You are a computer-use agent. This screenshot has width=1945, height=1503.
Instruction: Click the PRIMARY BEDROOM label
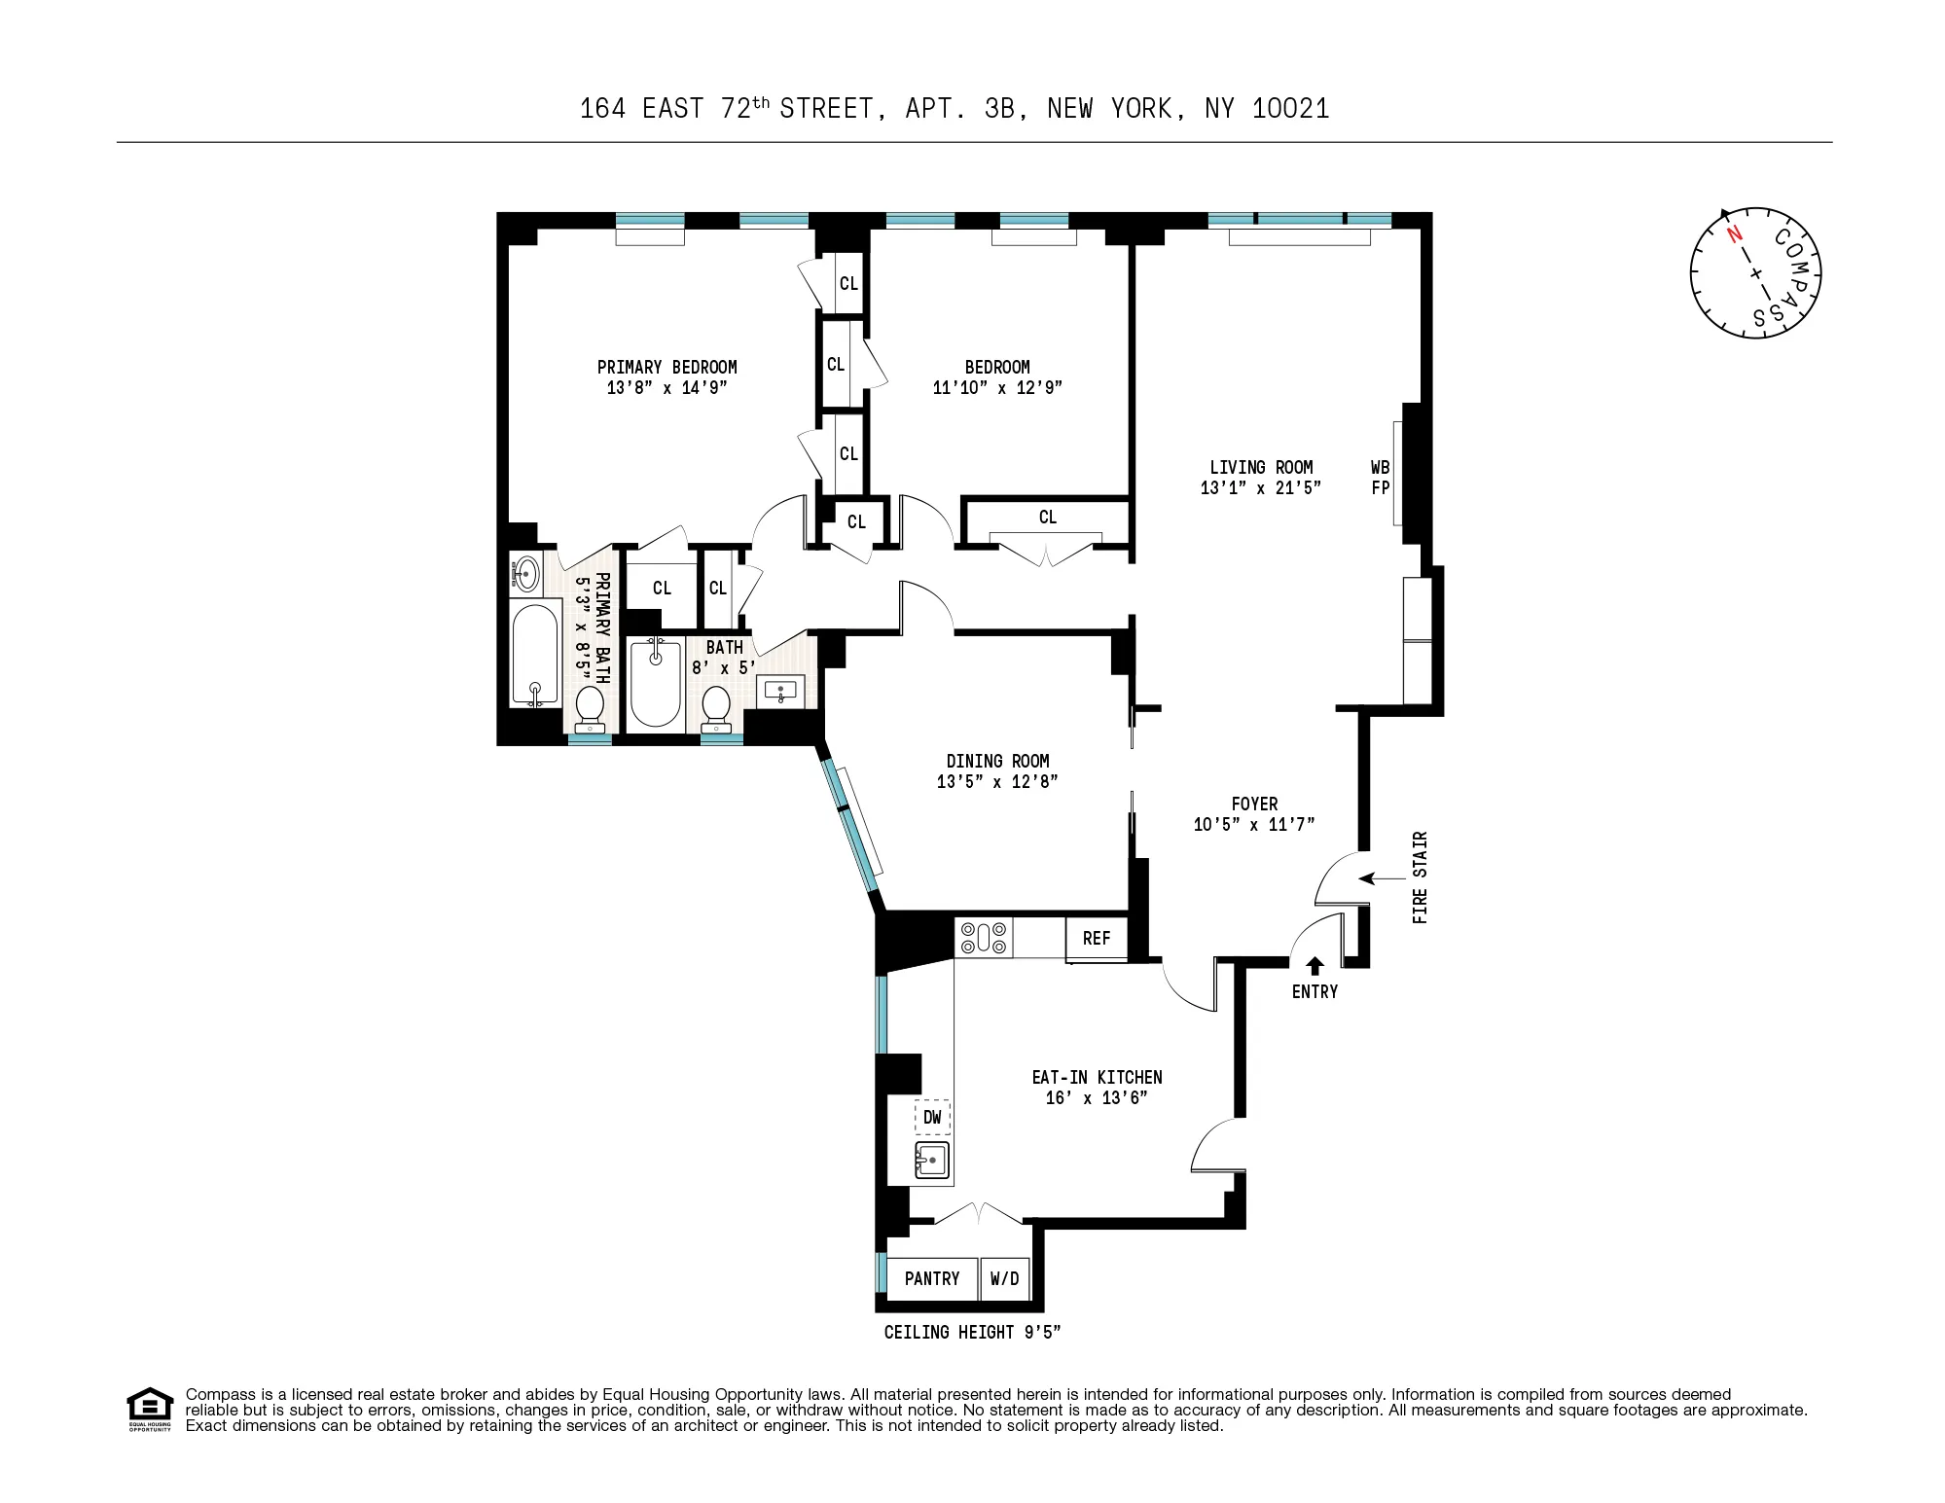tap(666, 367)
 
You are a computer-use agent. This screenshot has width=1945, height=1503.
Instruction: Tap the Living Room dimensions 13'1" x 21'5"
tap(1261, 488)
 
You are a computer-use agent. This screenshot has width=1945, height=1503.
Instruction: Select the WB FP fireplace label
tap(1380, 478)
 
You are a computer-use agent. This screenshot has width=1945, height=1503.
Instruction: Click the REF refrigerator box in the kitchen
tap(1096, 938)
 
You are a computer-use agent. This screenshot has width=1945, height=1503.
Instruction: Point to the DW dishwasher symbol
tap(932, 1117)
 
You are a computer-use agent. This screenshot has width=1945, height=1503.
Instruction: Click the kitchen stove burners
tap(984, 938)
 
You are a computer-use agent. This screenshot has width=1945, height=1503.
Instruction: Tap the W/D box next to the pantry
tap(1004, 1278)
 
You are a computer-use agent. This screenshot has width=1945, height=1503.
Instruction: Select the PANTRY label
tap(931, 1278)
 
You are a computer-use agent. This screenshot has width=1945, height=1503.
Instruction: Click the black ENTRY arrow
tap(1315, 965)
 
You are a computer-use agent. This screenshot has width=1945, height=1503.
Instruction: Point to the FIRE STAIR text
tap(1420, 877)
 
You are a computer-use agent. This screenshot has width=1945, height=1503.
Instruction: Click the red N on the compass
tap(1733, 234)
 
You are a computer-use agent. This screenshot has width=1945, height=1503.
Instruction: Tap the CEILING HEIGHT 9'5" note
tap(971, 1333)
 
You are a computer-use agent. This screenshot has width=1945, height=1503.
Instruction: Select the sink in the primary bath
tap(526, 572)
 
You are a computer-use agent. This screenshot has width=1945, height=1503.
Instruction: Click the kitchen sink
tap(932, 1161)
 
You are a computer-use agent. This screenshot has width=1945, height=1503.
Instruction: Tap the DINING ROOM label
tap(997, 761)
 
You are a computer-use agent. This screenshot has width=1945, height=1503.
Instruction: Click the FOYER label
tap(1254, 804)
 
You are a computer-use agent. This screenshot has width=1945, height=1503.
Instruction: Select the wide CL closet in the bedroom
tap(1047, 518)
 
